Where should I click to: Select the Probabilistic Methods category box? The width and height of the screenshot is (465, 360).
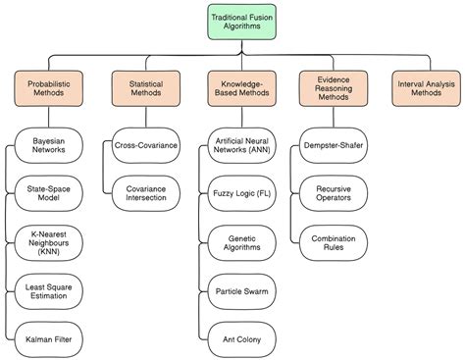[x=49, y=87]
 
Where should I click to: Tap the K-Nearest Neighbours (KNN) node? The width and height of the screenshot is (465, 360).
[x=49, y=241]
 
